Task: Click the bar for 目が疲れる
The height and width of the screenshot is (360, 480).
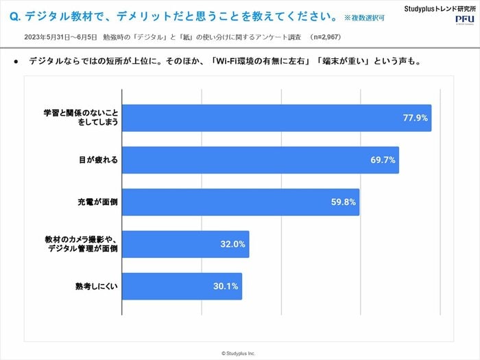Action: pyautogui.click(x=261, y=160)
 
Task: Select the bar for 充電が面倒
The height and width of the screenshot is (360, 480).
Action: pyautogui.click(x=240, y=202)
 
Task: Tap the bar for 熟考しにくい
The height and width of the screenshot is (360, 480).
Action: pyautogui.click(x=182, y=286)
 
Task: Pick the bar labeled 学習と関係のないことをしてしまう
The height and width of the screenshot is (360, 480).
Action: pyautogui.click(x=276, y=118)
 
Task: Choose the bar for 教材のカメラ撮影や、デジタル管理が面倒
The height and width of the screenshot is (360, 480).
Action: pyautogui.click(x=185, y=244)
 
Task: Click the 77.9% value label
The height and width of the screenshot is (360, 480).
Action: pyautogui.click(x=416, y=118)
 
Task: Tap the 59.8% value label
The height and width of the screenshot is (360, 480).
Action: pyautogui.click(x=344, y=202)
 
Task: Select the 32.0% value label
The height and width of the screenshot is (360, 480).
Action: pyautogui.click(x=235, y=244)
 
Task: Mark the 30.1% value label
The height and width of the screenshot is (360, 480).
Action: pyautogui.click(x=227, y=286)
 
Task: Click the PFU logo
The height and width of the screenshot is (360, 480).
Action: pyautogui.click(x=464, y=21)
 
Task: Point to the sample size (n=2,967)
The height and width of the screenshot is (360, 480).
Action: pyautogui.click(x=325, y=36)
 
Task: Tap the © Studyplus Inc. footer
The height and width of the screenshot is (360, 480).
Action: pyautogui.click(x=240, y=353)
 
